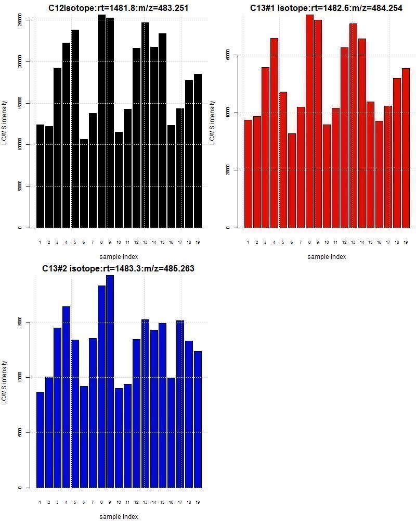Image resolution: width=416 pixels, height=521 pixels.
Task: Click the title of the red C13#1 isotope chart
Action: pyautogui.click(x=326, y=8)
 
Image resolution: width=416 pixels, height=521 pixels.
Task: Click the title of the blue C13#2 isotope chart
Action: pyautogui.click(x=118, y=269)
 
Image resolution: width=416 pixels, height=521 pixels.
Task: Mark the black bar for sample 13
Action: pyautogui.click(x=145, y=125)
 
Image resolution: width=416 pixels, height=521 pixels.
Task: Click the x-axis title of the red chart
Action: pyautogui.click(x=326, y=257)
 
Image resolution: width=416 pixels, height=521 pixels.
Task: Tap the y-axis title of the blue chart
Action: pyautogui.click(x=5, y=382)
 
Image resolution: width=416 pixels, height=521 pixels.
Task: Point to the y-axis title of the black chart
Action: pyautogui.click(x=5, y=122)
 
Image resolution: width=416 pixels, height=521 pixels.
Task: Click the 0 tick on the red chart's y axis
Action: pyautogui.click(x=228, y=228)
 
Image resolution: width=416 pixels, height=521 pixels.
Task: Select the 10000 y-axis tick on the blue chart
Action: pyautogui.click(x=20, y=377)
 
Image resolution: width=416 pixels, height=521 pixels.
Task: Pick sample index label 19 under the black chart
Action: pyautogui.click(x=198, y=242)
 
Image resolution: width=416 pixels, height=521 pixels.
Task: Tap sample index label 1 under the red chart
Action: pyautogui.click(x=248, y=242)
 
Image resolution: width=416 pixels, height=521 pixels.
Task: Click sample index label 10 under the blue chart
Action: pyautogui.click(x=119, y=502)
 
